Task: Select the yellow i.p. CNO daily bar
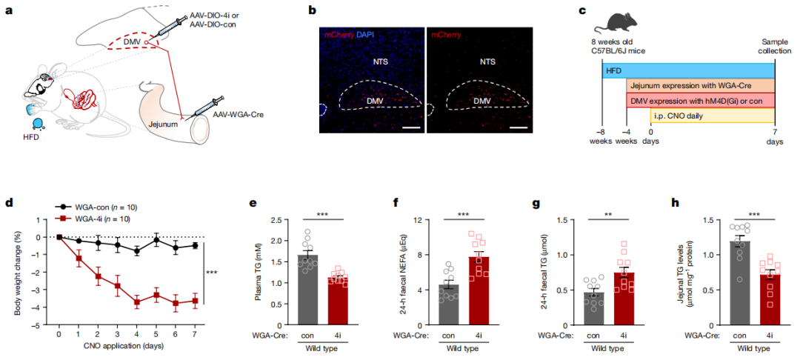[x=712, y=114]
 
